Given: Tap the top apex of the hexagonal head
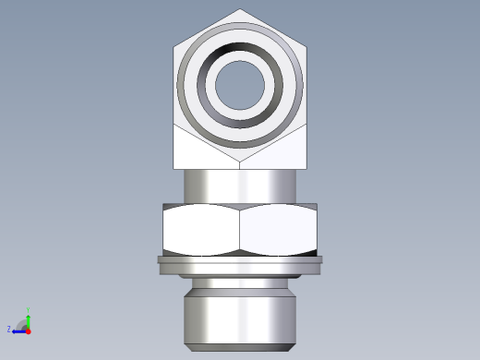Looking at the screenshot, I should tap(240, 10).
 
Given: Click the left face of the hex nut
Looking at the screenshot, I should tap(201, 230).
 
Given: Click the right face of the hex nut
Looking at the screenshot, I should tap(279, 230).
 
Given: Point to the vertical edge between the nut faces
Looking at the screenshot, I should tap(240, 230).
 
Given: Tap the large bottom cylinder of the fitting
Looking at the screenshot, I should tap(240, 316).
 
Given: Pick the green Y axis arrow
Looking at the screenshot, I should tap(29, 319).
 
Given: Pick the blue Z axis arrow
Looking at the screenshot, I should tap(18, 330).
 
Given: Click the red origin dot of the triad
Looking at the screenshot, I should tap(29, 330).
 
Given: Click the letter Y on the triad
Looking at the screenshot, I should tap(30, 310).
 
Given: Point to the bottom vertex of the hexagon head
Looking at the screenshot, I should tap(240, 163).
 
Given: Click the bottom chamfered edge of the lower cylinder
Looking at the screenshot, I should tap(240, 346).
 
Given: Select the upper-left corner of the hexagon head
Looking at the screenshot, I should tap(174, 46).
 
